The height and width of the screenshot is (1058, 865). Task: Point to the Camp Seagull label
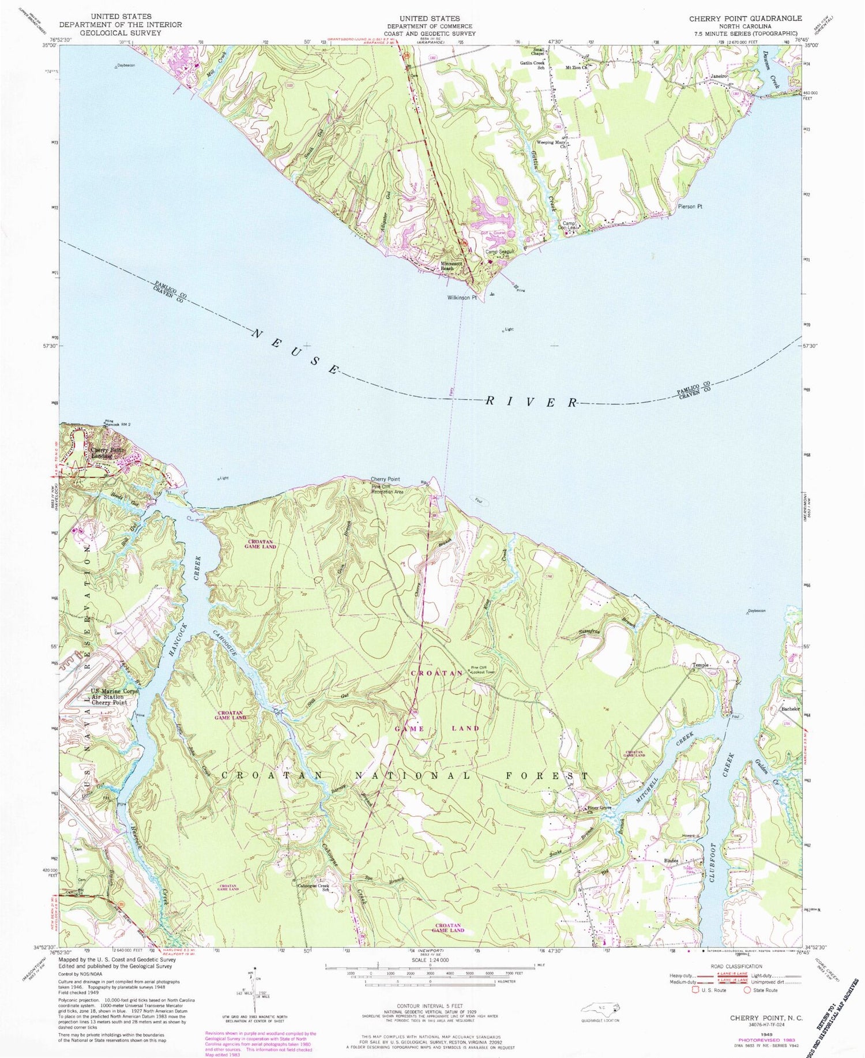coord(499,252)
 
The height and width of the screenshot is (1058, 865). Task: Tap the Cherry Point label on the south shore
coord(385,479)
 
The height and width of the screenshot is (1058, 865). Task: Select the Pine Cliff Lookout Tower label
coord(483,670)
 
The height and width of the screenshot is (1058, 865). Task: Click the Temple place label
coord(700,665)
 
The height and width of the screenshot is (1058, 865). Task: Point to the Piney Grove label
coord(599,808)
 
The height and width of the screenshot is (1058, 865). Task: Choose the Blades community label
coord(671,861)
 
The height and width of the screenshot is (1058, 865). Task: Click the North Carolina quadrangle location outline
coord(600,1007)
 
